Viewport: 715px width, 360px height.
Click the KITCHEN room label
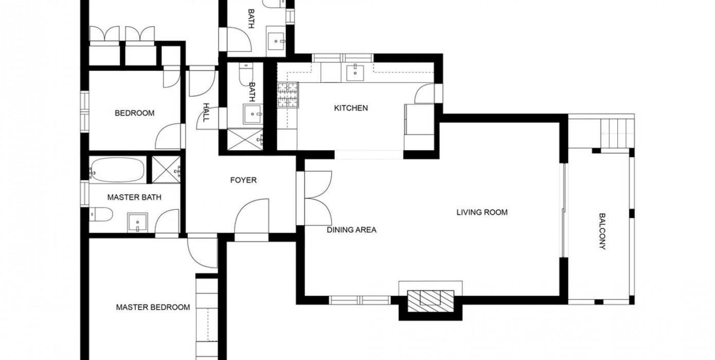(x=351, y=108)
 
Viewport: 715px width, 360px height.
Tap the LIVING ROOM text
(x=482, y=212)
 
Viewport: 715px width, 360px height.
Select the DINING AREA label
(x=351, y=230)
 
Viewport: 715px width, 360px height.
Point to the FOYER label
(x=243, y=181)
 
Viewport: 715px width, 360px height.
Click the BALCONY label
(x=602, y=231)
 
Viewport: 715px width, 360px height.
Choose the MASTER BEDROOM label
(x=153, y=308)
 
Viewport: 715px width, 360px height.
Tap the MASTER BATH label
(x=134, y=197)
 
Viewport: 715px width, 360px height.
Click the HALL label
(x=206, y=112)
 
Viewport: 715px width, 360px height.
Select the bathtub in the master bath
(x=117, y=170)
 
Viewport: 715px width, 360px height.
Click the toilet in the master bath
(x=101, y=214)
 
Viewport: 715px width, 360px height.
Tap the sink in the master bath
(x=137, y=223)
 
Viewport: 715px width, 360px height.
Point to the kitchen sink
(x=355, y=73)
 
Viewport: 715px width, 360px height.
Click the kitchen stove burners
(x=288, y=95)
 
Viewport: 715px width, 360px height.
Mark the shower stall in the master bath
(x=166, y=170)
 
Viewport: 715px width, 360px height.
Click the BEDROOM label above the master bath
(x=134, y=113)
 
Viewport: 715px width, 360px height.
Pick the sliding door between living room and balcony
(x=564, y=210)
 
